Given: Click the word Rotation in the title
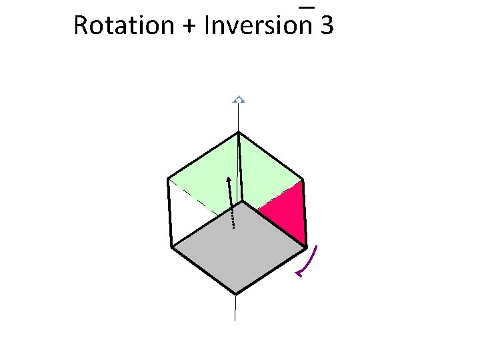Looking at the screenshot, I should pyautogui.click(x=115, y=26).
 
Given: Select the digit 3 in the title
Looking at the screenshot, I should pyautogui.click(x=327, y=26).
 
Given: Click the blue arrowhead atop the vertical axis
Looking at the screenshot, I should pyautogui.click(x=239, y=100).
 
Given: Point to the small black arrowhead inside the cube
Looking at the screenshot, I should pyautogui.click(x=229, y=179).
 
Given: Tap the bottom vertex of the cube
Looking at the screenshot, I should pyautogui.click(x=235, y=293).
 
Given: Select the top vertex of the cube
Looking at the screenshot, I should pyautogui.click(x=239, y=132).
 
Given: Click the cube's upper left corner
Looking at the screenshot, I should pyautogui.click(x=168, y=179).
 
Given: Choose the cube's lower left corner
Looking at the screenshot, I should pyautogui.click(x=172, y=247).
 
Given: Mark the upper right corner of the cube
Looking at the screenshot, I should pyautogui.click(x=303, y=180).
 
